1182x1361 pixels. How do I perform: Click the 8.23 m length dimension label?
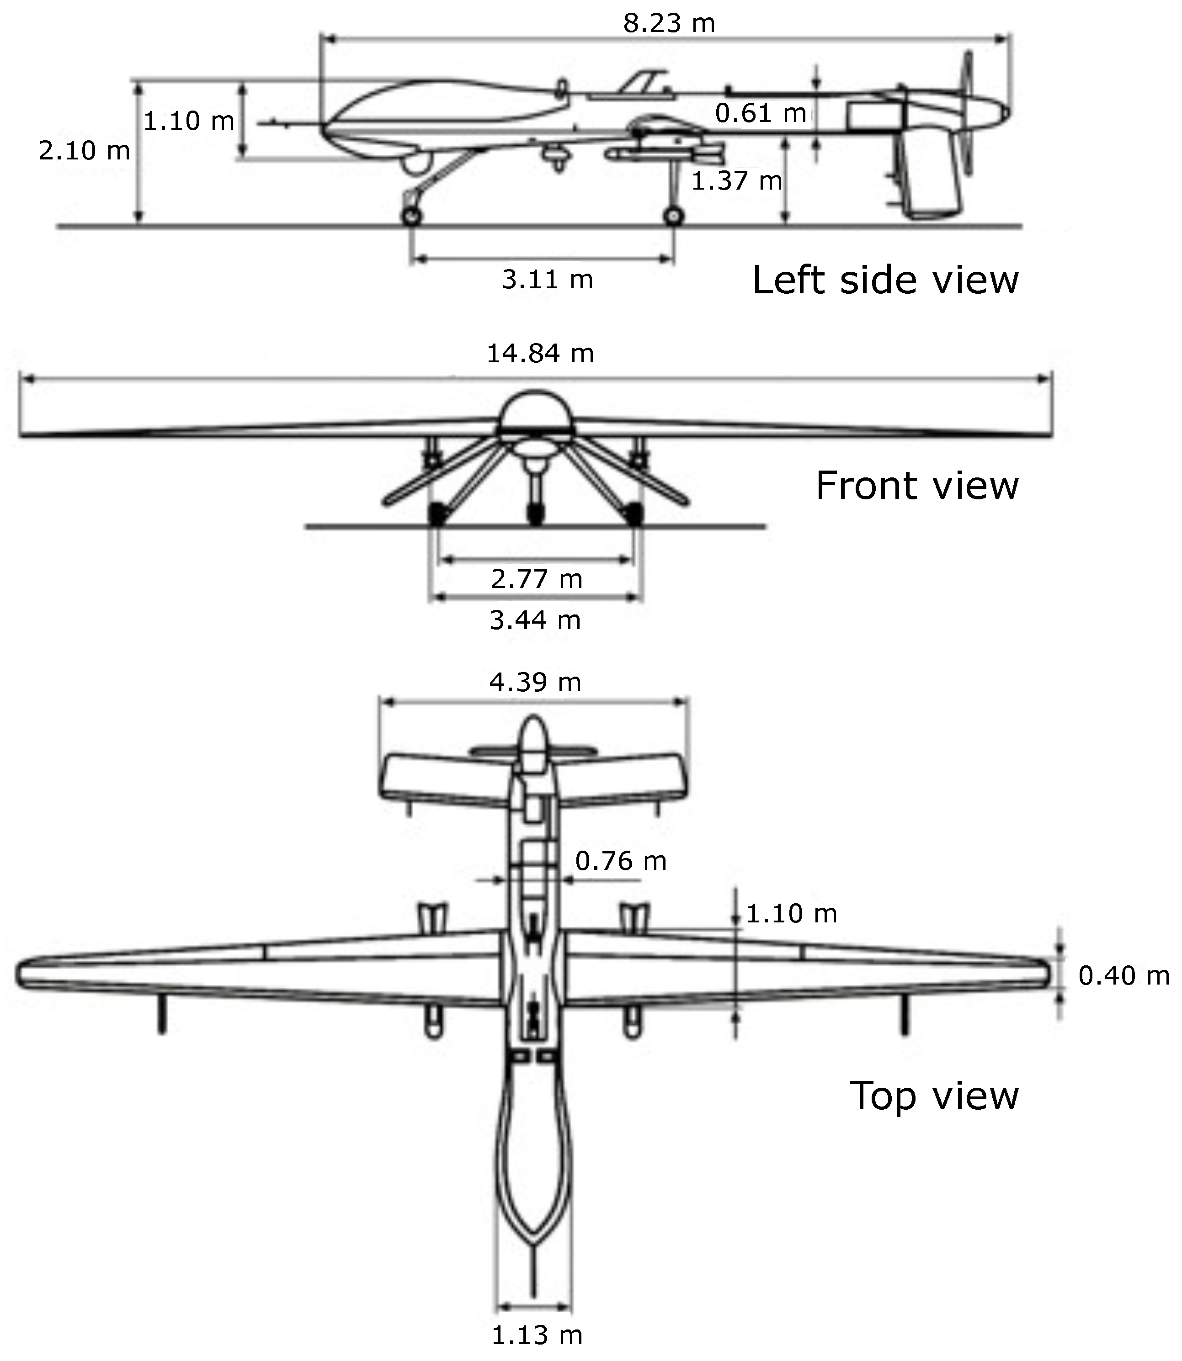click(668, 23)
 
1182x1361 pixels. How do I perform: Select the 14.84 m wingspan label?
click(540, 354)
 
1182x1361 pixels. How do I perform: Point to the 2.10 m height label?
click(84, 151)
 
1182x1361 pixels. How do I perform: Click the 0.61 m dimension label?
click(761, 113)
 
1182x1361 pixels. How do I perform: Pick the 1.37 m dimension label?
click(736, 180)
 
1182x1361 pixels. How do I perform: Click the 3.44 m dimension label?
click(535, 620)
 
